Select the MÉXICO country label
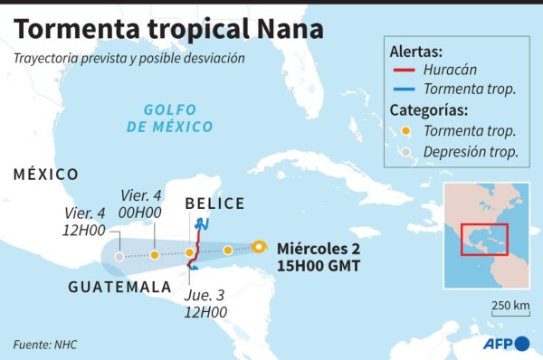[46, 174]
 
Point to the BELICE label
[215, 204]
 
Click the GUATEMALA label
[120, 287]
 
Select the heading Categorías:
[429, 111]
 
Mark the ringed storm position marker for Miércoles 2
[259, 246]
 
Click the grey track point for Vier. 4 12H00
[119, 257]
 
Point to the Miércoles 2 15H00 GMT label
[319, 257]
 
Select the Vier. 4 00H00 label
[141, 204]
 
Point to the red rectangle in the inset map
[484, 239]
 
